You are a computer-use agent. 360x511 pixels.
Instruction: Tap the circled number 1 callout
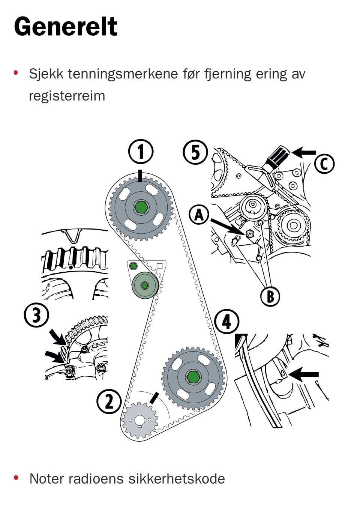141,152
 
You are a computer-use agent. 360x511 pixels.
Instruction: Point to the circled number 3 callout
36,315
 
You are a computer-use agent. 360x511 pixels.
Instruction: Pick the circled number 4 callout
226,322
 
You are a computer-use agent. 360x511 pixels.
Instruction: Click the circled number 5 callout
195,152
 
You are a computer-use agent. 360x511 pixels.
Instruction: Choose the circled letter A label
199,215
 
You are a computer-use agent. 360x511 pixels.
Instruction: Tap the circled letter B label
270,296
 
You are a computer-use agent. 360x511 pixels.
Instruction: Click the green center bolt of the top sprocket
141,207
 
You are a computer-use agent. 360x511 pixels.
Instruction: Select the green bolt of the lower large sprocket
193,377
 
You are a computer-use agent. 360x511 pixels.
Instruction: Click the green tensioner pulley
145,286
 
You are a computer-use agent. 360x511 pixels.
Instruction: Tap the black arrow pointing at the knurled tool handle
304,152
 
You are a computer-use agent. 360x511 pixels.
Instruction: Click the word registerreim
67,96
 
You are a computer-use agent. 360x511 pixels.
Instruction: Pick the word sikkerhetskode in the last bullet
176,479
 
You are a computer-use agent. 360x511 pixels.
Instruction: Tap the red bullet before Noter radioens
16,478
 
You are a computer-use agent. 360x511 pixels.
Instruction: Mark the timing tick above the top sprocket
140,176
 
